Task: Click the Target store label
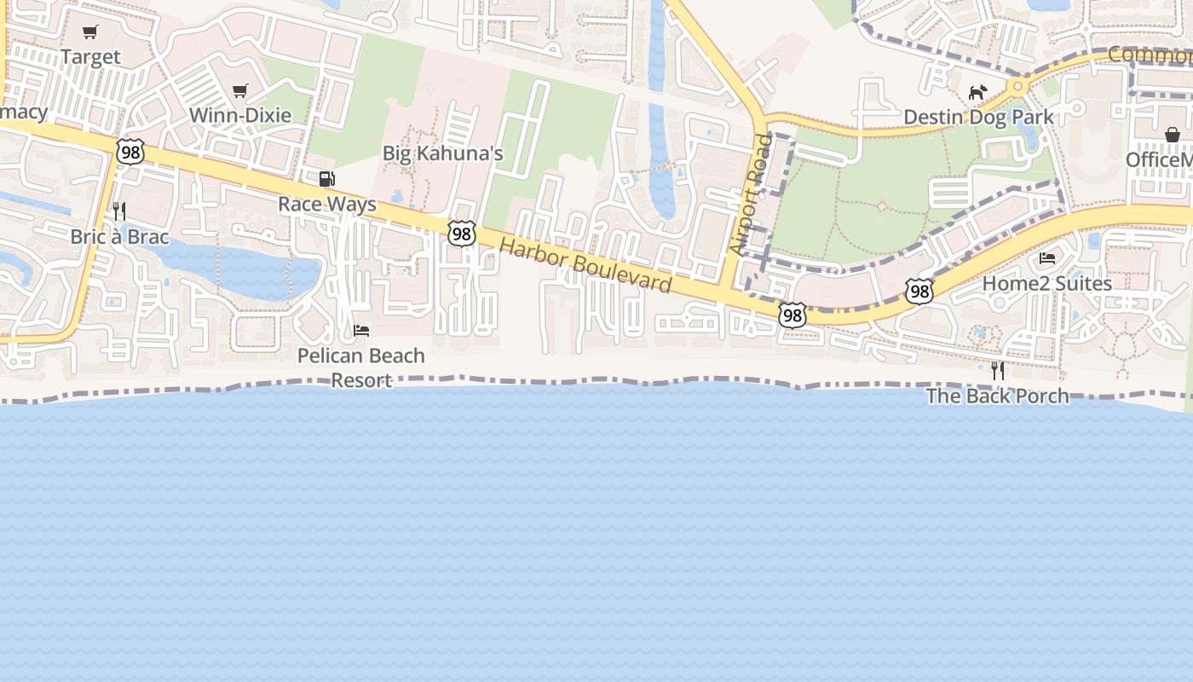click(90, 57)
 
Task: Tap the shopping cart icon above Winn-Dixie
click(240, 90)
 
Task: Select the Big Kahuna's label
click(442, 153)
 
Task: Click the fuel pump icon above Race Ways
click(326, 179)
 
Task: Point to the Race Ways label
click(327, 205)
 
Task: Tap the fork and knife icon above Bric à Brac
click(119, 211)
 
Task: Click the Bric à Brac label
click(119, 236)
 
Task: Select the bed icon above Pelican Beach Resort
click(361, 330)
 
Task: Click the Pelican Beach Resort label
click(361, 367)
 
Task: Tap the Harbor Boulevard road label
click(585, 265)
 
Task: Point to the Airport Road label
click(750, 194)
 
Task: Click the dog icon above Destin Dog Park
click(977, 91)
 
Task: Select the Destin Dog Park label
click(978, 117)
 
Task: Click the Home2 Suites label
click(1047, 283)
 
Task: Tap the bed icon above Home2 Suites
click(1047, 257)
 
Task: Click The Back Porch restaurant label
click(997, 396)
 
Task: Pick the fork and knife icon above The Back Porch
click(997, 370)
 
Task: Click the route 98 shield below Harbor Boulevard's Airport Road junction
click(792, 315)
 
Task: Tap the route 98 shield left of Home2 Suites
click(919, 292)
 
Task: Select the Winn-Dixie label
click(240, 115)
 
